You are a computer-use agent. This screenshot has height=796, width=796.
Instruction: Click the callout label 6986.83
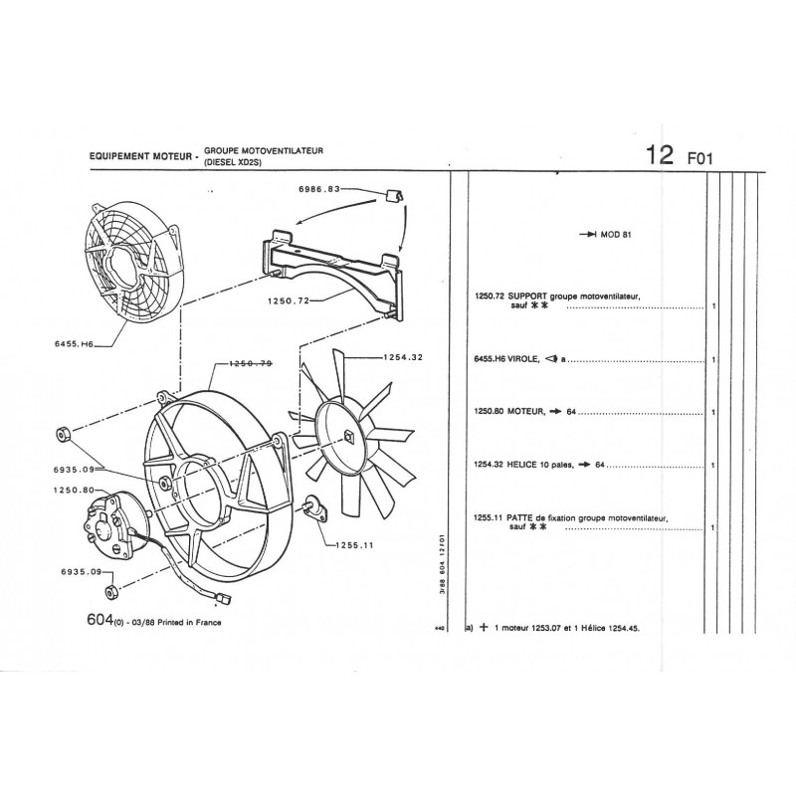[x=318, y=189]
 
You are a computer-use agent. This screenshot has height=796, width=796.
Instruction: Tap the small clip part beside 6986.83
[x=395, y=195]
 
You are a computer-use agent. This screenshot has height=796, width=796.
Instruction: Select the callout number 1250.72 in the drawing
[x=289, y=300]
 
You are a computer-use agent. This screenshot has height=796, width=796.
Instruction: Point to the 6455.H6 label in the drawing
[x=74, y=343]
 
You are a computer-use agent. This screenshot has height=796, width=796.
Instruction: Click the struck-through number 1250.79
[x=251, y=363]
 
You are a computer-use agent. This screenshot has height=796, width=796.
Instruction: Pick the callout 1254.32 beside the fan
[x=403, y=357]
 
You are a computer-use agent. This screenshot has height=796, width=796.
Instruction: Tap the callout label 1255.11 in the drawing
[x=355, y=545]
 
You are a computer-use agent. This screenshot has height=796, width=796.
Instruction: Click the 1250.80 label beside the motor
[x=74, y=490]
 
